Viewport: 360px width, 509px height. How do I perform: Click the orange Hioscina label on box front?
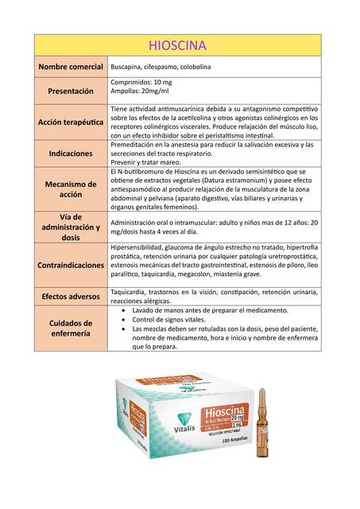pyautogui.click(x=222, y=414)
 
